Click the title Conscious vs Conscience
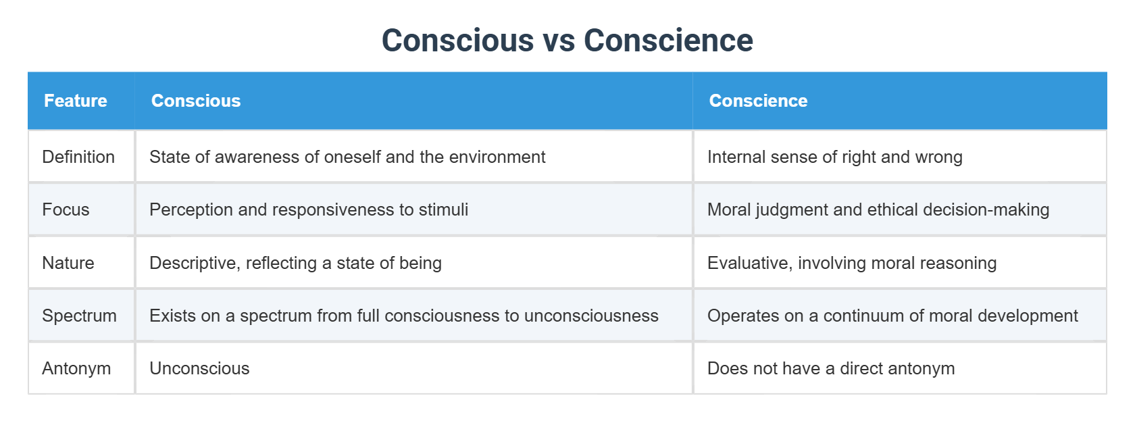pos(567,41)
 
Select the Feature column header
pos(76,101)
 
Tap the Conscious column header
pos(196,101)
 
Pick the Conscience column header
pos(758,101)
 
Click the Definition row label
pos(78,157)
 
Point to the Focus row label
pos(66,209)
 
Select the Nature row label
pos(68,263)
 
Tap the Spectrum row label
pos(79,316)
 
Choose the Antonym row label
pos(76,368)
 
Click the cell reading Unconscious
pos(199,368)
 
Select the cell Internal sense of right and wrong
pos(834,157)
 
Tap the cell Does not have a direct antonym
pos(831,368)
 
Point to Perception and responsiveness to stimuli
pos(309,209)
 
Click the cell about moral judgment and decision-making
pos(878,209)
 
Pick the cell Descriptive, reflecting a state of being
pos(295,263)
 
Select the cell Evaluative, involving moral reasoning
pos(852,263)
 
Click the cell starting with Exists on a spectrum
pos(403,316)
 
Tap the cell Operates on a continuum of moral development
pos(892,316)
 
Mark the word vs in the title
pos(558,41)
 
